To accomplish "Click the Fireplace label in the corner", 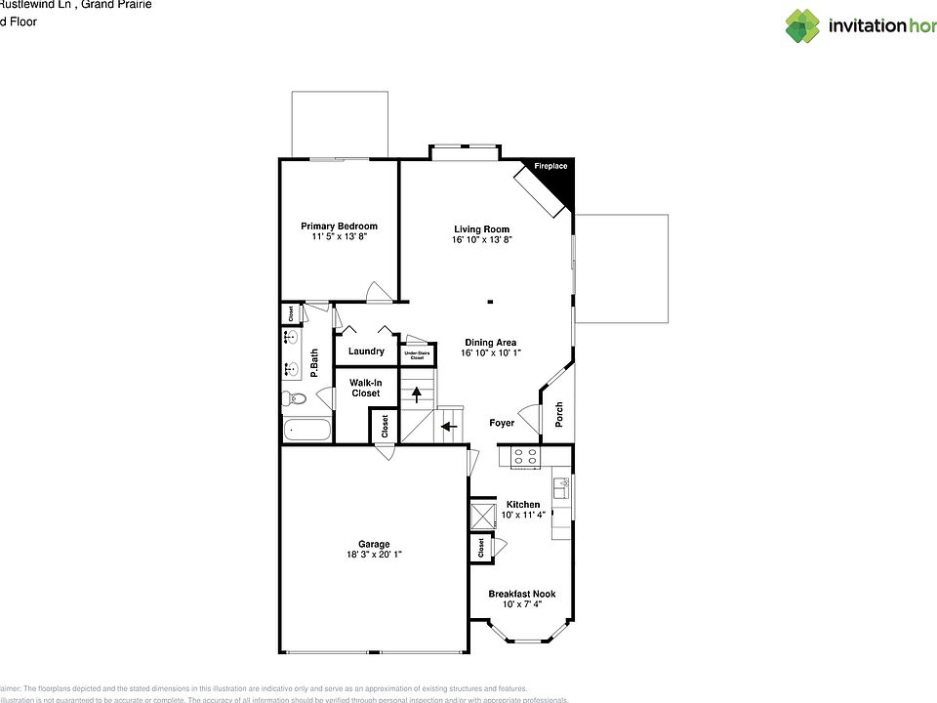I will click(550, 167).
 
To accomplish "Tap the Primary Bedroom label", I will click(339, 227).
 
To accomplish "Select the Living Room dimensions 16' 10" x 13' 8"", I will click(482, 240).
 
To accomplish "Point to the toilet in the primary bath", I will click(296, 397).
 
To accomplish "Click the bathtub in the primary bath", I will click(306, 430).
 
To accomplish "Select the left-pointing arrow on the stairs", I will click(448, 426).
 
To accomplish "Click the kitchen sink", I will click(562, 485).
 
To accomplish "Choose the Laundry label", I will click(366, 351).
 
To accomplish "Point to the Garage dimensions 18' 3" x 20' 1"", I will click(374, 555).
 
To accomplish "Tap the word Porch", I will click(559, 414).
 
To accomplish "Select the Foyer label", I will click(502, 423).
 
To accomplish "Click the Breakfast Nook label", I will click(522, 594).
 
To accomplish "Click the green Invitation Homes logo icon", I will click(803, 26).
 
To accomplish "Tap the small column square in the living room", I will click(491, 302).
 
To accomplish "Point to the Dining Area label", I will click(491, 343).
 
